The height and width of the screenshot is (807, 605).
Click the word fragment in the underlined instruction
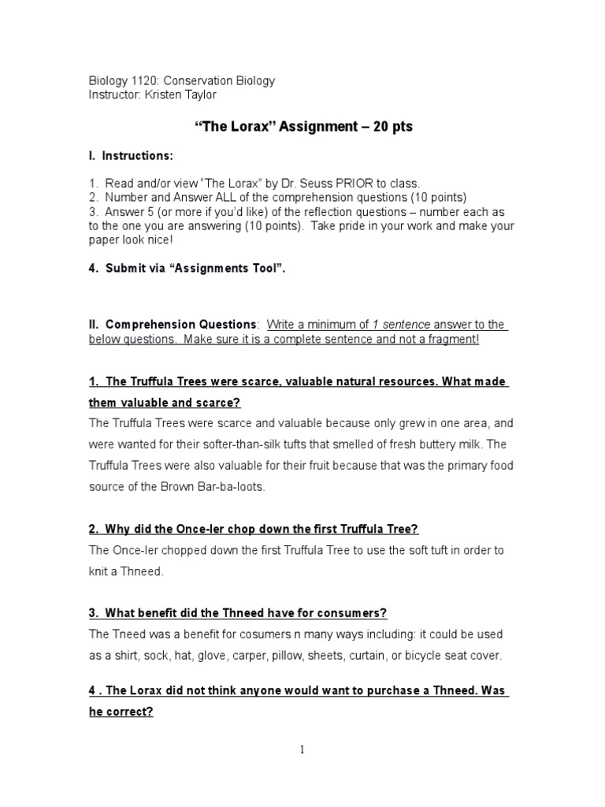point(452,339)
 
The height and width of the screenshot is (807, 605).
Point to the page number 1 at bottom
point(302,749)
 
